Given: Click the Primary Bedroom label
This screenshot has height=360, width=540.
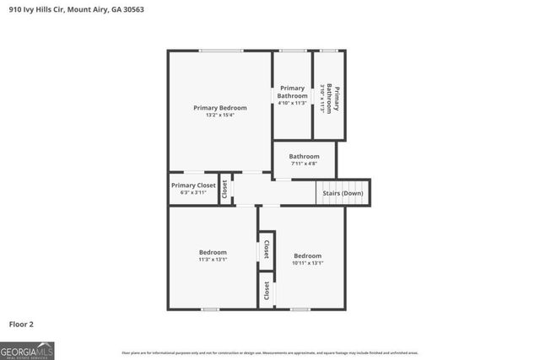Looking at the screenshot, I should [219, 108].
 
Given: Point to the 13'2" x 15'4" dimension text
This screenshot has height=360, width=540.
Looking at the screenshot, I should [219, 116].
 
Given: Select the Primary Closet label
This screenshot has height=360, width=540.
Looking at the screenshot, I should [193, 185].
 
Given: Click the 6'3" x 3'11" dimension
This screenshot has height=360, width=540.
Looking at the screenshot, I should [193, 193].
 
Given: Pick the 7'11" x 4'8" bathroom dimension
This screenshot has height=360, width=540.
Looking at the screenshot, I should [304, 164].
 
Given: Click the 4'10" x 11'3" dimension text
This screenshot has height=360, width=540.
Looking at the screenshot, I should [292, 103].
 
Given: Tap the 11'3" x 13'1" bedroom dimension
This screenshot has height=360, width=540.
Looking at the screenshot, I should [213, 261].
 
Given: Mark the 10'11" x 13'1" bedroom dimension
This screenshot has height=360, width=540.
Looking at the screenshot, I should [307, 264].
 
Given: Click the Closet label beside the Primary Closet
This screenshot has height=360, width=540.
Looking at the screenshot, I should [224, 191].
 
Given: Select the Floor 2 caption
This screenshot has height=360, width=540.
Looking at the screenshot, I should [22, 324].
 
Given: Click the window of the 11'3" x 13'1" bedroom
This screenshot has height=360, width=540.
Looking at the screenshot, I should [211, 309].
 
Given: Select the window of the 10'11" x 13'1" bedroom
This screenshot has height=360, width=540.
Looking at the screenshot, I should [300, 309].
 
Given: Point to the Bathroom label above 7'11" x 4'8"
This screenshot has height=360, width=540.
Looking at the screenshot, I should [304, 157].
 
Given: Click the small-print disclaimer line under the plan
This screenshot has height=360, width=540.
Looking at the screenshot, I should [270, 352].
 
